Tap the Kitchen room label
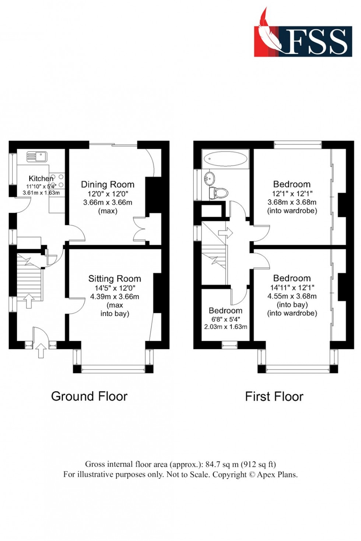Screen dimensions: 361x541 [41, 178]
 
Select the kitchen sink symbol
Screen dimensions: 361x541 [36, 156]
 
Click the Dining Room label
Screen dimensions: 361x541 [108, 184]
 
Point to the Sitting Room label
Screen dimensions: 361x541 [115, 279]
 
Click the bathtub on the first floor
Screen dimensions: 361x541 [225, 159]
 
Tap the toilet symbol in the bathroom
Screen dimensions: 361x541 [218, 193]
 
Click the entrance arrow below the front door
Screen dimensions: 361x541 [41, 351]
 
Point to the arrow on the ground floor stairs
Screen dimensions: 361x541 [28, 300]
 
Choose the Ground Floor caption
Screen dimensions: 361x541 [89, 396]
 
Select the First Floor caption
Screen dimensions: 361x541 [274, 397]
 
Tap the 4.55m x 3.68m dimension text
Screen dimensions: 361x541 [292, 296]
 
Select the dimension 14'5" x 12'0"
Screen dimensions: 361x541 [115, 288]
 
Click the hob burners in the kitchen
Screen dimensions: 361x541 [57, 181]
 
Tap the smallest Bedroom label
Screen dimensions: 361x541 [225, 311]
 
